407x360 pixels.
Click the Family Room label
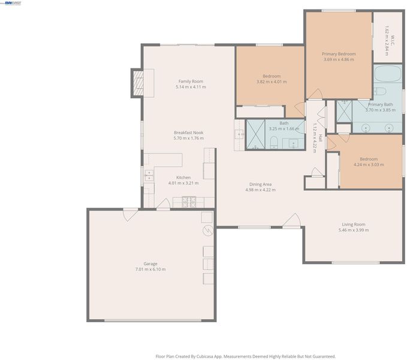tap(191, 81)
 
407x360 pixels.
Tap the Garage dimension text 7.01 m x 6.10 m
tap(150, 269)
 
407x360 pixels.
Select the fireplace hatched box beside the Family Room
tap(138, 83)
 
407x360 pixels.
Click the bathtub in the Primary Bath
tap(388, 74)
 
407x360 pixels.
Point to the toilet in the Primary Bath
tap(380, 91)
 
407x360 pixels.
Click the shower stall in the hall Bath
tap(255, 134)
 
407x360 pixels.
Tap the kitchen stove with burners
tap(189, 202)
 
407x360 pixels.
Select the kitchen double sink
tap(149, 175)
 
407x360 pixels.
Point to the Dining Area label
tap(260, 184)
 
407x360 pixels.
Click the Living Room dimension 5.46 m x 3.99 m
tap(354, 230)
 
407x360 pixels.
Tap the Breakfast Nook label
tap(189, 133)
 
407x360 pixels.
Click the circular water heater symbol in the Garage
tap(208, 230)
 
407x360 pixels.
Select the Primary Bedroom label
tap(339, 54)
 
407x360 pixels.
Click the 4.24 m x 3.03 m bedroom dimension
tap(369, 164)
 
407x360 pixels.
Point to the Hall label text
tap(320, 138)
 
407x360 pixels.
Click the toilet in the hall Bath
tap(274, 143)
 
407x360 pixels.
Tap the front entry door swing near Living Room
tap(292, 221)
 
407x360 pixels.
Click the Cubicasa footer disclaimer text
tap(246, 356)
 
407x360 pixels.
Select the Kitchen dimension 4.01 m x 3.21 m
tap(183, 183)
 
